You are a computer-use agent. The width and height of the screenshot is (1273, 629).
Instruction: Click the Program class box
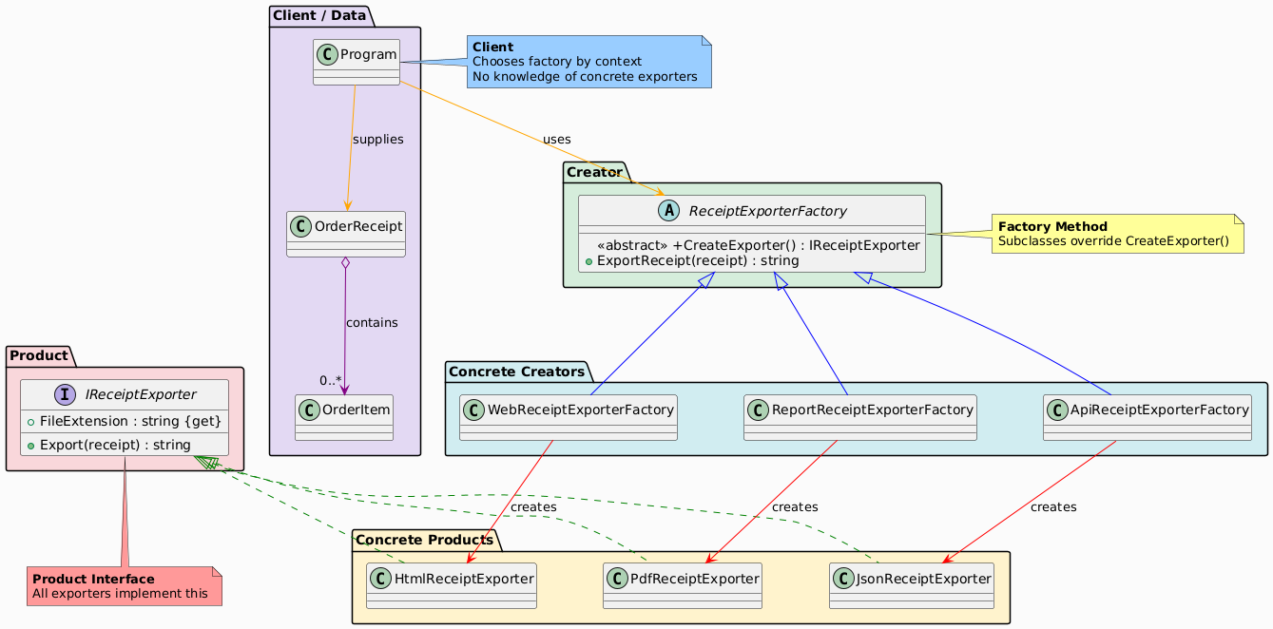[357, 62]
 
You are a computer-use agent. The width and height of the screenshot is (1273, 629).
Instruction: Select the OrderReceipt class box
[346, 234]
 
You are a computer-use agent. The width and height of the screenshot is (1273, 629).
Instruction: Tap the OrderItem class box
[343, 417]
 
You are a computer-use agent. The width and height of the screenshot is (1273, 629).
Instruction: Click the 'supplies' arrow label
[377, 140]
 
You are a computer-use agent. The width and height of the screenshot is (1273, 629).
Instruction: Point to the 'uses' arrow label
[557, 140]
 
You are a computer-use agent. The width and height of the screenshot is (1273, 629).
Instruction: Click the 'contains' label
[372, 323]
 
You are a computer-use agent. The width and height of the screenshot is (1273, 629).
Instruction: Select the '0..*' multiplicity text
[332, 382]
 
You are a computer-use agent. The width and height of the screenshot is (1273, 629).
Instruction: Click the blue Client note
[588, 62]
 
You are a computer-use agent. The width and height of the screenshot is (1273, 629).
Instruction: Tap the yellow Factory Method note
[1117, 234]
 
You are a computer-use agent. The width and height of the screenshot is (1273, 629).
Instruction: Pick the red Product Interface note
[125, 586]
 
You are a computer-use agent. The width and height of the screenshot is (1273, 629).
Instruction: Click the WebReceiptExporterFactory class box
[568, 417]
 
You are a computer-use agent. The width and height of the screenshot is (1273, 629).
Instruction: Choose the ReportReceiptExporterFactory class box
[859, 417]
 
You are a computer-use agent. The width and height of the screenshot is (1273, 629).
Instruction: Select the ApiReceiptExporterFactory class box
[1147, 417]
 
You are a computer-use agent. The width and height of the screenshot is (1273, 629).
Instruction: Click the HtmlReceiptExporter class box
[451, 585]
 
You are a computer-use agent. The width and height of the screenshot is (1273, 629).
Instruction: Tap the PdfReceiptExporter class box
[683, 585]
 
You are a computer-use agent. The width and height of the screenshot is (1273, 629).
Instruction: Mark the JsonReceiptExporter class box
[912, 585]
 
